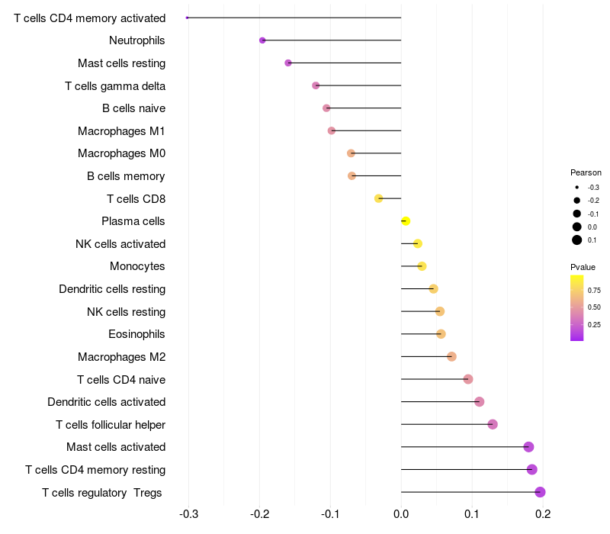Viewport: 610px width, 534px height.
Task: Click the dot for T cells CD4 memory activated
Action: coord(187,18)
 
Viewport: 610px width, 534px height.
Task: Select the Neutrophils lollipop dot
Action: coord(262,40)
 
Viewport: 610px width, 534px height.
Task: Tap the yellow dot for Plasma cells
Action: coord(406,221)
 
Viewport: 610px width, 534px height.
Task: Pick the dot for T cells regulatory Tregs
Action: coord(540,492)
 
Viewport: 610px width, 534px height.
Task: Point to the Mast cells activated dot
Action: coord(528,447)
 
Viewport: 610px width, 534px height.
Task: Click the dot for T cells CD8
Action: coord(378,198)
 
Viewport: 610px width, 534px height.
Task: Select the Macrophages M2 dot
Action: coord(451,356)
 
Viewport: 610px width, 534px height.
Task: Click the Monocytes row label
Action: coord(137,266)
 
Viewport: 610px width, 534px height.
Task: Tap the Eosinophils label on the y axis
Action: coord(136,334)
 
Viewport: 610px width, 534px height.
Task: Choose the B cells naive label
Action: coord(134,108)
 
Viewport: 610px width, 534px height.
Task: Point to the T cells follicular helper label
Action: coord(111,425)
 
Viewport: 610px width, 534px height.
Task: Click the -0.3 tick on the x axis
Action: coord(188,514)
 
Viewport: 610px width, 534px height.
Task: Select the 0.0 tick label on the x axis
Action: coord(401,514)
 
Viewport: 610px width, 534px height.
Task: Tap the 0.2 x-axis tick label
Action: coord(543,514)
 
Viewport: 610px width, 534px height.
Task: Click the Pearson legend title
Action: coord(586,172)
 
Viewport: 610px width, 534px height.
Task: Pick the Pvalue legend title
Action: coord(583,267)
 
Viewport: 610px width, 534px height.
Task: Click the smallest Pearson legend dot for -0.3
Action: coord(577,187)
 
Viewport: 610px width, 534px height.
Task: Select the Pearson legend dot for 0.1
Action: coord(577,240)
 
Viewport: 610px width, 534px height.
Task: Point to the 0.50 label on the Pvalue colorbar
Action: coord(594,307)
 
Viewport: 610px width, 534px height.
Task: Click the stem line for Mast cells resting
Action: coord(345,63)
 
